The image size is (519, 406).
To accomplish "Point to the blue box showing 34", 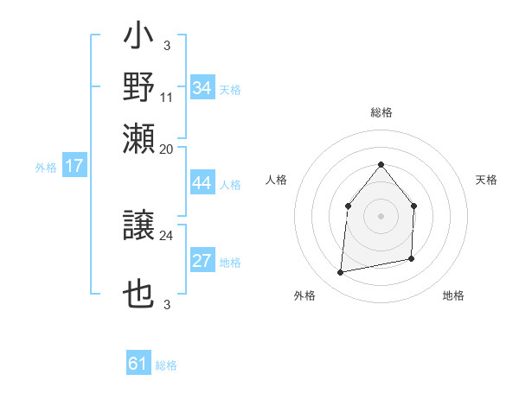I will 202,88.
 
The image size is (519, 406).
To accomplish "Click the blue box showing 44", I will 202,183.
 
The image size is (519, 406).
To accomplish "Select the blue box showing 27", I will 202,261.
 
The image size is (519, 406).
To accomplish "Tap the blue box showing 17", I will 74,167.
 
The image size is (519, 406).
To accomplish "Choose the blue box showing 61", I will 138,364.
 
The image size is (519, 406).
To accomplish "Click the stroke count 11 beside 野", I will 168,97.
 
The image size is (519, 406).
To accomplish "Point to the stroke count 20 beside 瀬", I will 167,149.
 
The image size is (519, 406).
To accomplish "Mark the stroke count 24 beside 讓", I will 167,235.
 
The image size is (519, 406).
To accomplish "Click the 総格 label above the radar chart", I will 381,113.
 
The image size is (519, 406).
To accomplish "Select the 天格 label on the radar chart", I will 487,180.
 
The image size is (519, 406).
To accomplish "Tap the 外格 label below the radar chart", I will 304,295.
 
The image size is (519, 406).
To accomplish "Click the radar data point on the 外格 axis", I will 341,273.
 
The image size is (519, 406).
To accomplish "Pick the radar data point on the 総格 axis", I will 381,164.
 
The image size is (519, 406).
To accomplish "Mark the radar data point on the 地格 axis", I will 411,258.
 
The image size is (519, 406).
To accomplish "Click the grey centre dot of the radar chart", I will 381,216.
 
